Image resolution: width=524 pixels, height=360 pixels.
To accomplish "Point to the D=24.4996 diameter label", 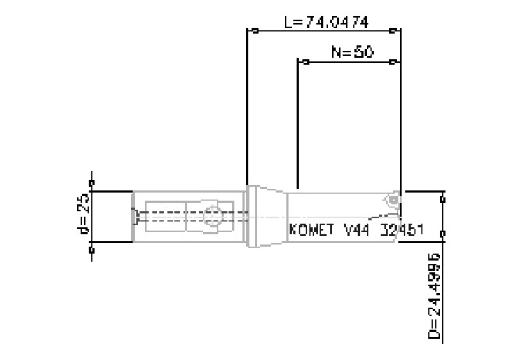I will pos(435,298).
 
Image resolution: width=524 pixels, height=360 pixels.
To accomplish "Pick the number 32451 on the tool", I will pos(401,231).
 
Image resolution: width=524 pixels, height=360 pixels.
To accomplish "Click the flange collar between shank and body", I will pos(253,217).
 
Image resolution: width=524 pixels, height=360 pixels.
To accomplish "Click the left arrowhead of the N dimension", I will pos(300,61).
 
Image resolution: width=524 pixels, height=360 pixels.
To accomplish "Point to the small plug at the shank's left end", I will pos(137,217).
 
